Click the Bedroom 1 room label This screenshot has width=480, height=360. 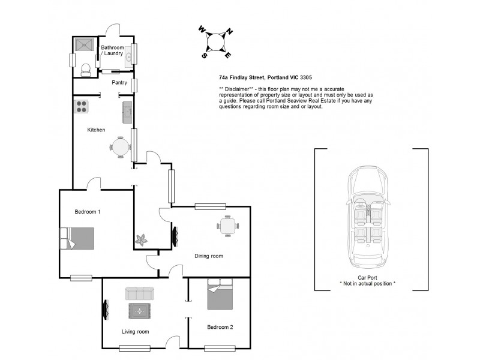pyautogui.click(x=88, y=212)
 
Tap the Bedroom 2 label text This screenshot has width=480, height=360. pyautogui.click(x=220, y=327)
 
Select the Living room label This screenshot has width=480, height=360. pyautogui.click(x=135, y=331)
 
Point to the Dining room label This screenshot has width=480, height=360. pyautogui.click(x=208, y=256)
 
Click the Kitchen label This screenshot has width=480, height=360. pyautogui.click(x=97, y=130)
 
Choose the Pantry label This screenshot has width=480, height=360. pyautogui.click(x=120, y=82)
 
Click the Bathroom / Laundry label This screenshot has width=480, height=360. pyautogui.click(x=112, y=50)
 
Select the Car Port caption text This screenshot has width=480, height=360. pyautogui.click(x=367, y=278)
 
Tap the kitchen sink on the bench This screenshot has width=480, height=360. pyautogui.click(x=127, y=112)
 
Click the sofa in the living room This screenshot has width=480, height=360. pyautogui.click(x=139, y=293)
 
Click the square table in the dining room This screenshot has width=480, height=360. pyautogui.click(x=227, y=226)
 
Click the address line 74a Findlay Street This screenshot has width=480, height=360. pyautogui.click(x=265, y=78)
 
